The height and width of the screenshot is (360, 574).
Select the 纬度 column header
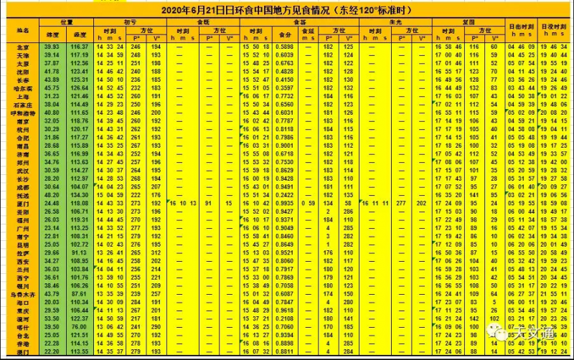pos(52,35)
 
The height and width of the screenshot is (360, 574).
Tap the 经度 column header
pos(79,35)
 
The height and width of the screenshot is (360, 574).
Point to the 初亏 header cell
pos(130,22)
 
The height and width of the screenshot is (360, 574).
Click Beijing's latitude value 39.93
pos(52,47)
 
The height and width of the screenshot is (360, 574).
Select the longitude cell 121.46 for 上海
pos(79,96)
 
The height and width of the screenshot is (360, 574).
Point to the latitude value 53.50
pos(52,318)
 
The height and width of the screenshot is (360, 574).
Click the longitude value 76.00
pos(79,326)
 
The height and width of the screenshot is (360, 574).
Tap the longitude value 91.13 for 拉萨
pos(79,252)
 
